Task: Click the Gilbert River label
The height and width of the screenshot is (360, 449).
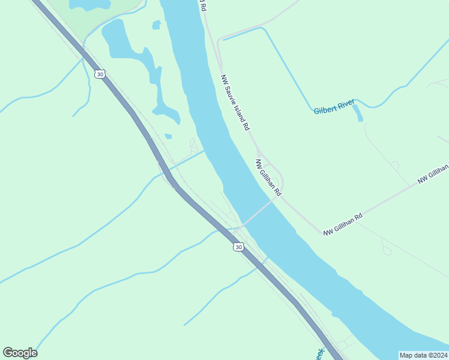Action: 334,107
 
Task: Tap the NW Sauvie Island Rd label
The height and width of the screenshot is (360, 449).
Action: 235,103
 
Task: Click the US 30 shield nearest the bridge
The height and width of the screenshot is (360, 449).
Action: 239,247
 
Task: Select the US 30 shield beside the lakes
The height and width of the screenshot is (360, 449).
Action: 100,74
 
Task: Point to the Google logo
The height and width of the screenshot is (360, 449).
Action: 20,352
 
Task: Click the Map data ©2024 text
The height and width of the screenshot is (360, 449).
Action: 424,355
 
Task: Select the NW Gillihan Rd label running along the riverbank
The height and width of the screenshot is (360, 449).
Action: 268,178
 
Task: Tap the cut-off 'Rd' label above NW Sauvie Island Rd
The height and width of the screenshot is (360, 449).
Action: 202,6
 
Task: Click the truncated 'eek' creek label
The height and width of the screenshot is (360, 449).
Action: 319,354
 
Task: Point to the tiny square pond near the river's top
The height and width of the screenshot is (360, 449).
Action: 156,25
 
